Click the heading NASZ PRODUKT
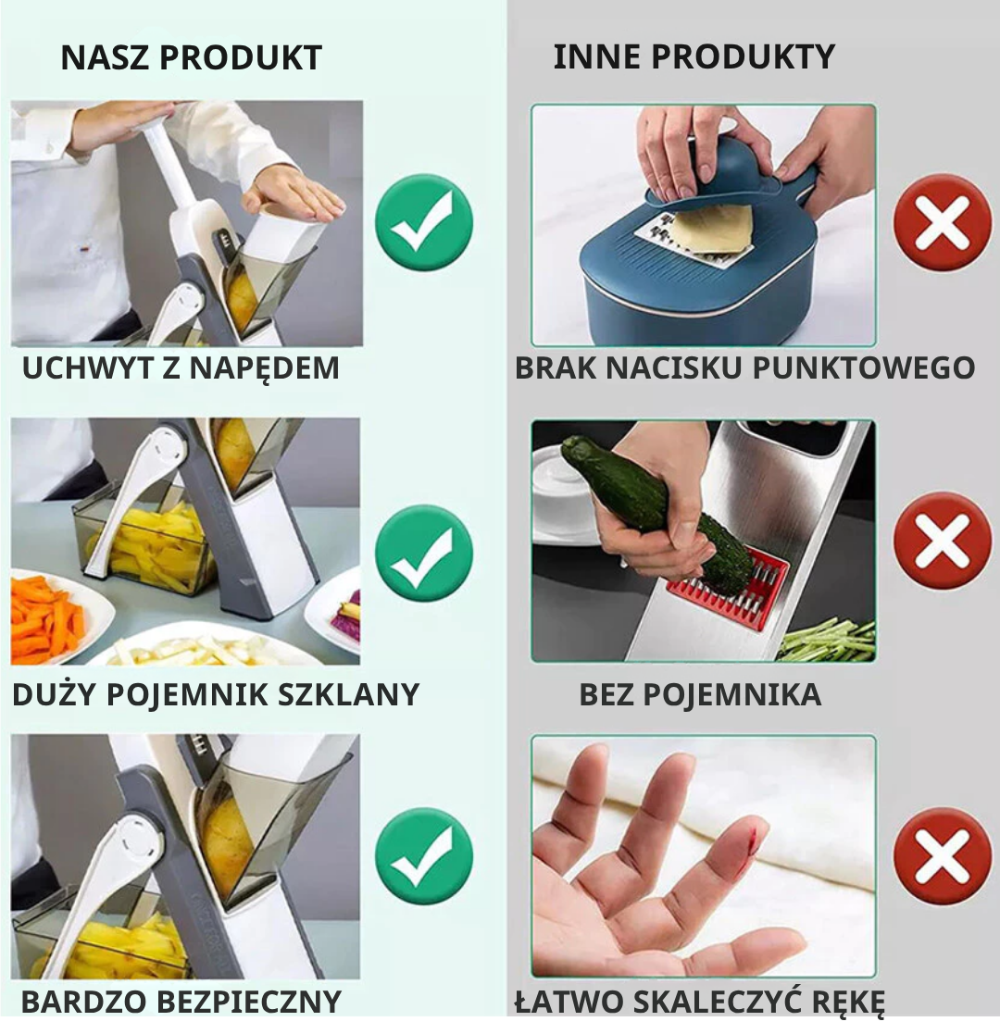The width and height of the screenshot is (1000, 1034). click(191, 57)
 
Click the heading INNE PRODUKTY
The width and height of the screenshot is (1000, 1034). click(694, 57)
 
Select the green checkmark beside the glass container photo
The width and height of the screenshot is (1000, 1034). click(424, 553)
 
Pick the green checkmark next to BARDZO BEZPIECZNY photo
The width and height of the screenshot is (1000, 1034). click(424, 855)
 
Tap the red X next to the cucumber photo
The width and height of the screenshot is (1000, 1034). click(942, 541)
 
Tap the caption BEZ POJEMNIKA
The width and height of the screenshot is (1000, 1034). click(700, 694)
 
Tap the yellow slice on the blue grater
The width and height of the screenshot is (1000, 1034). click(713, 228)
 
